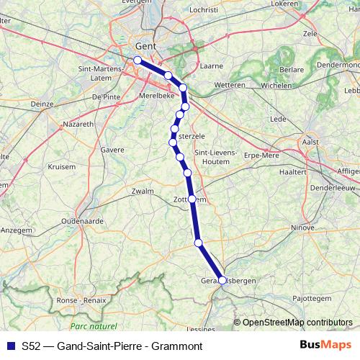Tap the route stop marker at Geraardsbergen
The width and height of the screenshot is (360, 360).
point(222,280)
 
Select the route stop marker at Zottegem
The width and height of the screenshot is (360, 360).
point(192,199)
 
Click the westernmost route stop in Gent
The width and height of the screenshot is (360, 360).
point(138,60)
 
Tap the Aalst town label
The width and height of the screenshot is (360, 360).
point(310,143)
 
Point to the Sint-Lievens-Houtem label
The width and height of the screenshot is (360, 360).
point(212,156)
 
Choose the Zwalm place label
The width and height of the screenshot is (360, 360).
point(143,192)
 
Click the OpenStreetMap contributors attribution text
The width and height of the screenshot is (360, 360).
point(297,322)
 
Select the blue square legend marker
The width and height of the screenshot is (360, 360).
point(9,345)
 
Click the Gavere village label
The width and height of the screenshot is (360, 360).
point(114,150)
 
